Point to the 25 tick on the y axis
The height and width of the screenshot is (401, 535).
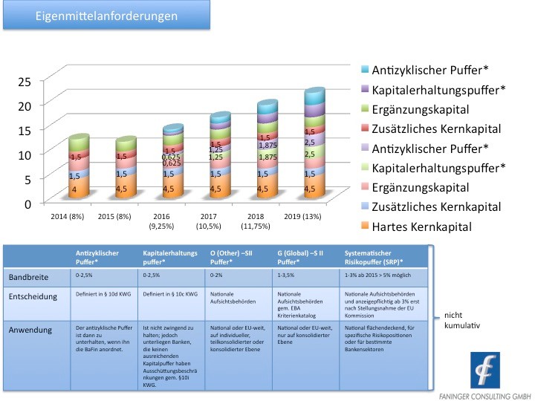click(25, 81)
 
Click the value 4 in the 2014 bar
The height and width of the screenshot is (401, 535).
click(74, 189)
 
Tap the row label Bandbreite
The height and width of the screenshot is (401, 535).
click(30, 277)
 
